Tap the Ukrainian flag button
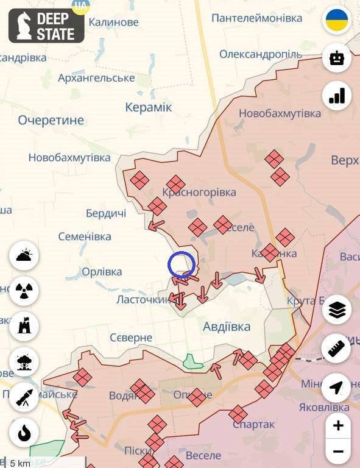[x=336, y=20]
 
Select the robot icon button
[x=336, y=58]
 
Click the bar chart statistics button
[x=336, y=95]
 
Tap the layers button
[x=336, y=311]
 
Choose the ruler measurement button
[x=336, y=349]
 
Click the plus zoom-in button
[x=338, y=425]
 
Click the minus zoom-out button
[x=338, y=452]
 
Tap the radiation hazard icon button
[x=24, y=291]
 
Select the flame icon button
[x=24, y=433]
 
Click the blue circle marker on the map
[x=182, y=265]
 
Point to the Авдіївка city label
[x=226, y=327]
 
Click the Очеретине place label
[x=51, y=120]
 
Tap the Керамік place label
[x=148, y=107]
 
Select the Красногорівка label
[x=199, y=193]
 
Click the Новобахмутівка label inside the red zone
[x=280, y=113]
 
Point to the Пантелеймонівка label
[x=256, y=18]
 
